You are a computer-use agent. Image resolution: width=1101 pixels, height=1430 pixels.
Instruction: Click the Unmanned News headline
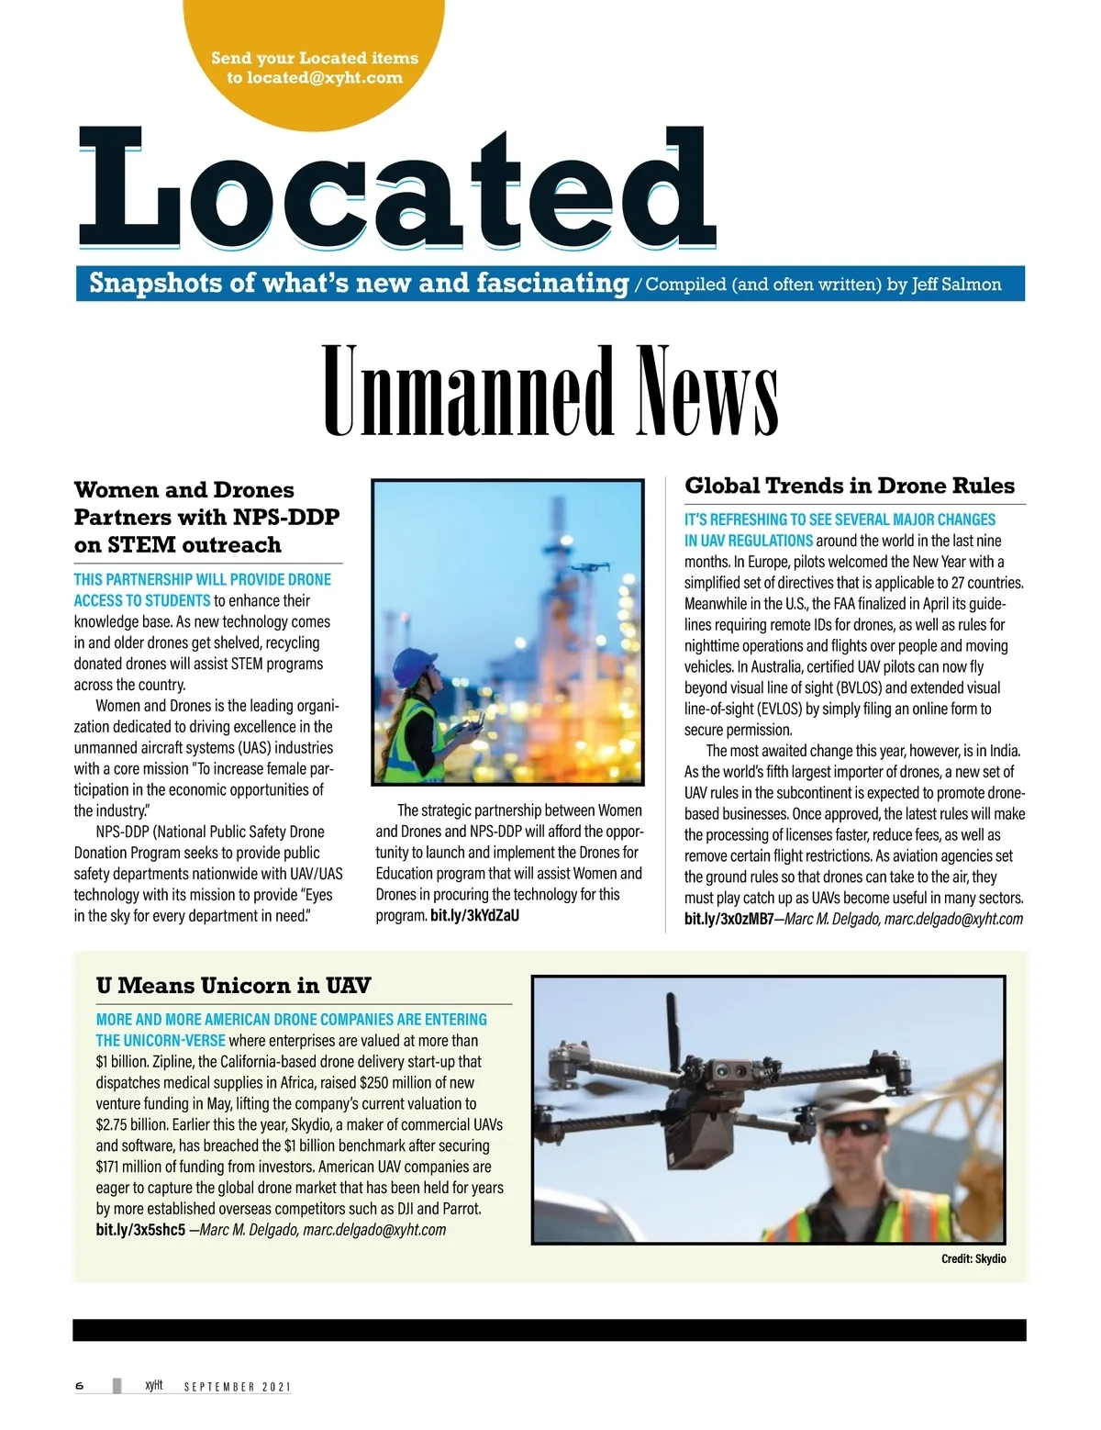tap(550, 392)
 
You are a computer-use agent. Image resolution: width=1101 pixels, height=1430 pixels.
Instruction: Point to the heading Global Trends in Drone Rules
tap(850, 486)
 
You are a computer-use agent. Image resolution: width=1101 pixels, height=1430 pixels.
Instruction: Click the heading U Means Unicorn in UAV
tap(233, 986)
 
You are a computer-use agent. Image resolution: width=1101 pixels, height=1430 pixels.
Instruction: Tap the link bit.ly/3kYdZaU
tap(474, 915)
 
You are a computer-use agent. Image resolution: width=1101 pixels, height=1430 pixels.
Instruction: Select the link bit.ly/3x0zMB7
tap(728, 919)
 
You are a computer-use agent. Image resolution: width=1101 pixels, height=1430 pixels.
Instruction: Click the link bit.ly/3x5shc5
tap(140, 1230)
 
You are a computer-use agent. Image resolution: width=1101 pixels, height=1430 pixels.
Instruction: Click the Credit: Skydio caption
tap(973, 1259)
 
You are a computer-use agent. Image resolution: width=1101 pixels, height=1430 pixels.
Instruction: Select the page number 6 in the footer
tap(80, 1386)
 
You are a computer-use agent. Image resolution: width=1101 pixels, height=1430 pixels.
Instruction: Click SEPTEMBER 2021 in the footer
tap(237, 1387)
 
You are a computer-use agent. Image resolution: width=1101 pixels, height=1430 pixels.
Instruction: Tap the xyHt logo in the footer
tap(153, 1385)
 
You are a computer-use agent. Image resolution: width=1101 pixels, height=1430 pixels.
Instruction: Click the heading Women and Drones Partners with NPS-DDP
tap(206, 517)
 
